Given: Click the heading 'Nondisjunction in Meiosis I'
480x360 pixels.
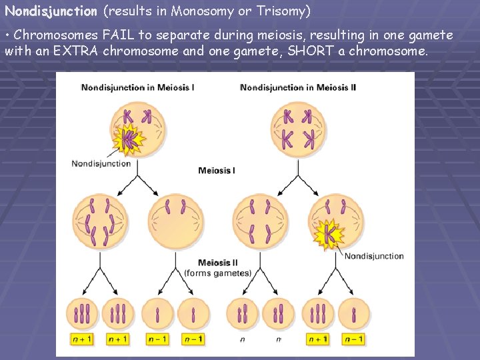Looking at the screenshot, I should tap(137, 87).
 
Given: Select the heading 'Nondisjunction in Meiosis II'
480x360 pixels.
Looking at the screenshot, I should tap(299, 87).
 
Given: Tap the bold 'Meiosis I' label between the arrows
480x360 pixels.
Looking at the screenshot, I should tap(216, 171).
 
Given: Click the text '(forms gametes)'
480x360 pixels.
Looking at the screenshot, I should tap(217, 273).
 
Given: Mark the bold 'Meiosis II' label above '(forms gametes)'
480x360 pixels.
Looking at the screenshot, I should tap(217, 263).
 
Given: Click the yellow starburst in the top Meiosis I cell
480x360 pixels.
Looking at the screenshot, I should tap(128, 141).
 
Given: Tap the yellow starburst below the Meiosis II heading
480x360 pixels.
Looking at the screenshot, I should tap(328, 233).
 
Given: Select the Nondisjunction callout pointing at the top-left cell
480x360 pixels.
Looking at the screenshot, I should tap(101, 163).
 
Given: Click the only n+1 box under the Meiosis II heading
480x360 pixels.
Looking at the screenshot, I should tap(317, 339).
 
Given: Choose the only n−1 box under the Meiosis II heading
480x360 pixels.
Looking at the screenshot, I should tap(354, 339).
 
